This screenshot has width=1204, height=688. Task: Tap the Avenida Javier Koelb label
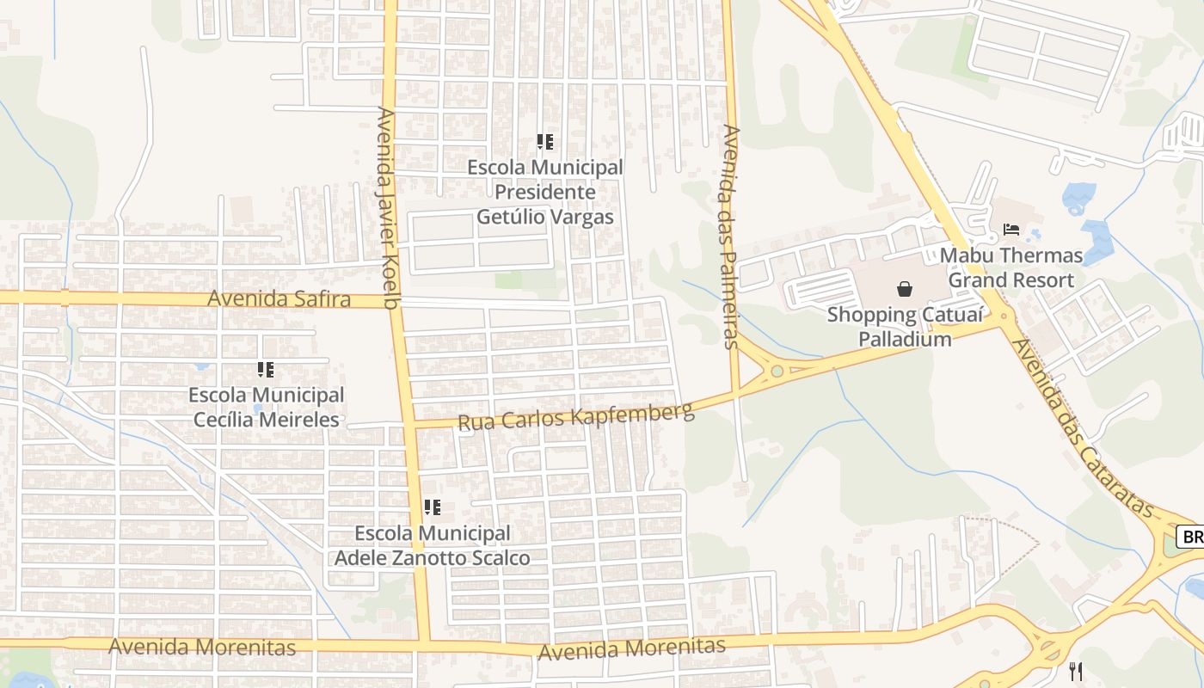[389, 207]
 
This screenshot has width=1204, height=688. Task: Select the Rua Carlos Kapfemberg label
[575, 416]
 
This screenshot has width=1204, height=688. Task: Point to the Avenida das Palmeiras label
[731, 236]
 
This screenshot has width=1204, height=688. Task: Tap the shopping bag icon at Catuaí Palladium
[904, 289]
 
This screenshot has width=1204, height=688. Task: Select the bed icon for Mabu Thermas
[1011, 230]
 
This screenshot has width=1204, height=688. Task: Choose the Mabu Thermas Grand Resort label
[1010, 267]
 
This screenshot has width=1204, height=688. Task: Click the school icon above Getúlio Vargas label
[544, 142]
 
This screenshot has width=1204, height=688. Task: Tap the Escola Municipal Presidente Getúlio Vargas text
[544, 191]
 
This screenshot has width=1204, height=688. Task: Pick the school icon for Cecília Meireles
[266, 370]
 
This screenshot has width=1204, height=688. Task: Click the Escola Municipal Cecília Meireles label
[266, 408]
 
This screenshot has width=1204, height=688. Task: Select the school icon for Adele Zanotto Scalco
[432, 507]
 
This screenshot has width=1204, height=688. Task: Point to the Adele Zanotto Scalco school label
[432, 545]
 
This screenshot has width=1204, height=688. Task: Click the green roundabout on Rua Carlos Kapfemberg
[777, 372]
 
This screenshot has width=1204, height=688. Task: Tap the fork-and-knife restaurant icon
[1075, 672]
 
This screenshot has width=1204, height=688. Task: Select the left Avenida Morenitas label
[202, 647]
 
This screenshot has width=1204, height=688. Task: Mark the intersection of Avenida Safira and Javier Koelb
[394, 301]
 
